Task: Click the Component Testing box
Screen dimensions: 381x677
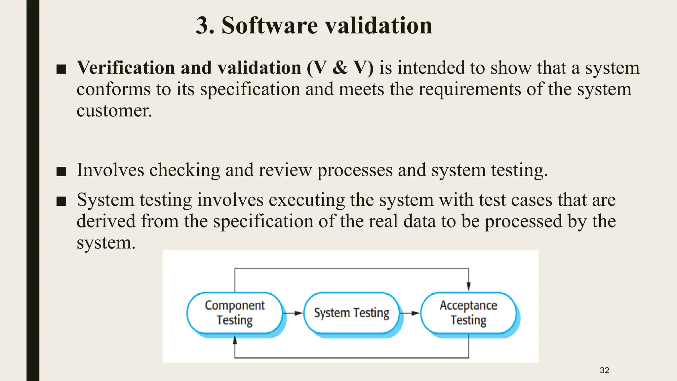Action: click(x=234, y=313)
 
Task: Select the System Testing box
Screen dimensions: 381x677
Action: click(x=351, y=313)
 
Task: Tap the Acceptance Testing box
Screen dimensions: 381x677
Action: click(x=468, y=313)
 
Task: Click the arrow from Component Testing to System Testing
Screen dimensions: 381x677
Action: click(x=293, y=313)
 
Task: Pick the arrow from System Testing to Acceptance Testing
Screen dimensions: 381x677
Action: click(x=410, y=313)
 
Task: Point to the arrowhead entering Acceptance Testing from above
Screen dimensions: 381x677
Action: click(x=468, y=286)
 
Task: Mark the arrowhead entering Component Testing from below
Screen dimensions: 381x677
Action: click(x=235, y=339)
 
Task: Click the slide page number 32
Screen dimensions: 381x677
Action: click(x=604, y=370)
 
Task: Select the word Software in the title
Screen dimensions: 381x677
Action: click(x=269, y=25)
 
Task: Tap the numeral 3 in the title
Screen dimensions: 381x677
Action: click(x=202, y=25)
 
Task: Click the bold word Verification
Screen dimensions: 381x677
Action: click(x=126, y=68)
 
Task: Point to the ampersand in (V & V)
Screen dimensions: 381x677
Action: click(x=340, y=68)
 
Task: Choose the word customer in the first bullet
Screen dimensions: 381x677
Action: click(x=114, y=110)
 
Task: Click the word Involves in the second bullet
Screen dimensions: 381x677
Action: click(x=110, y=170)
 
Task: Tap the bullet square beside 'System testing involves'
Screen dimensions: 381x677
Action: click(x=61, y=201)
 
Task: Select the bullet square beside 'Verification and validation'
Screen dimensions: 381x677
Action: click(x=61, y=69)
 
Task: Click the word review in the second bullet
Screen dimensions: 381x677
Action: click(x=285, y=170)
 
